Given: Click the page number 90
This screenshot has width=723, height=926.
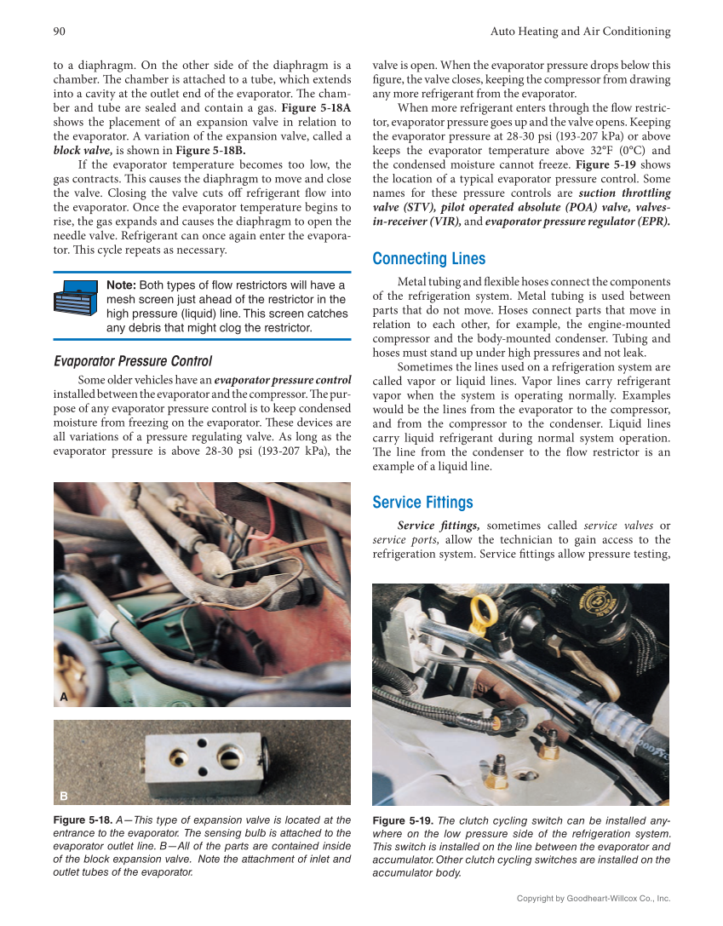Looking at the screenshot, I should coord(60,32).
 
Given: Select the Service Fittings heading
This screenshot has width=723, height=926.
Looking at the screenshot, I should coord(422,503).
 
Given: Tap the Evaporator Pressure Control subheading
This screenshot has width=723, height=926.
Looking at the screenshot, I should coord(133,361).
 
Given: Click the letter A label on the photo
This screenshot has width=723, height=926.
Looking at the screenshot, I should coord(63,697).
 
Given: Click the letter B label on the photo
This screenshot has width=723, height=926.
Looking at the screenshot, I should coord(63,796).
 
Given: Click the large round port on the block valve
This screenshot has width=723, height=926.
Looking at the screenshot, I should coord(232,756).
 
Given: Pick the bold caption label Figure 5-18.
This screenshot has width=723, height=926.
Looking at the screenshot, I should coord(83,820).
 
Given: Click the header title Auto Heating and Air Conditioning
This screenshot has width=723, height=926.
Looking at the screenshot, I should coord(580,32).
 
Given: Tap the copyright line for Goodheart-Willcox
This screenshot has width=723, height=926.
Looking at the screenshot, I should coord(594,898).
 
